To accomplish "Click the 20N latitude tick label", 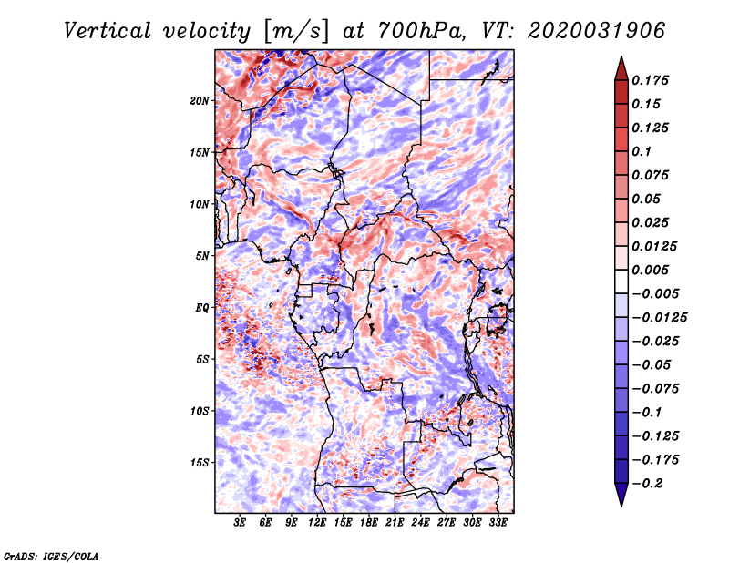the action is click(x=199, y=101).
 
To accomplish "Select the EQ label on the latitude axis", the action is click(x=201, y=308).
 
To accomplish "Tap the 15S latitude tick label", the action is click(x=199, y=463).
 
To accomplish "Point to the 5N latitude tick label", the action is click(x=202, y=256).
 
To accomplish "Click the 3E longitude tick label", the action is click(x=240, y=523).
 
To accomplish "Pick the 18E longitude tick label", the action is click(x=368, y=523).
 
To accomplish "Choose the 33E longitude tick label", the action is click(x=498, y=523).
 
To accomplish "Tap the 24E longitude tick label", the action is click(x=420, y=523).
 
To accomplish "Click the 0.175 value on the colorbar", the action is click(x=650, y=80).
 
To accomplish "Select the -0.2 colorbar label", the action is click(x=647, y=484).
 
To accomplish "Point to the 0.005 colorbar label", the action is click(x=650, y=270).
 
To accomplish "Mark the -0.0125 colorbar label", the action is click(x=659, y=318).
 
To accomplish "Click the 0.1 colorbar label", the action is click(x=642, y=151).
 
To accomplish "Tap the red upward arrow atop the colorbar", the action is click(x=621, y=68).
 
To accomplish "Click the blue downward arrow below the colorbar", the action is click(x=621, y=495).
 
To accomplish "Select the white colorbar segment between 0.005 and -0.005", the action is click(x=621, y=281).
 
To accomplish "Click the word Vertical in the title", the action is click(x=108, y=31).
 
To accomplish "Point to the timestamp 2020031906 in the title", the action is click(x=596, y=31).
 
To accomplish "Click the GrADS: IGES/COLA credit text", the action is click(x=51, y=557).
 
